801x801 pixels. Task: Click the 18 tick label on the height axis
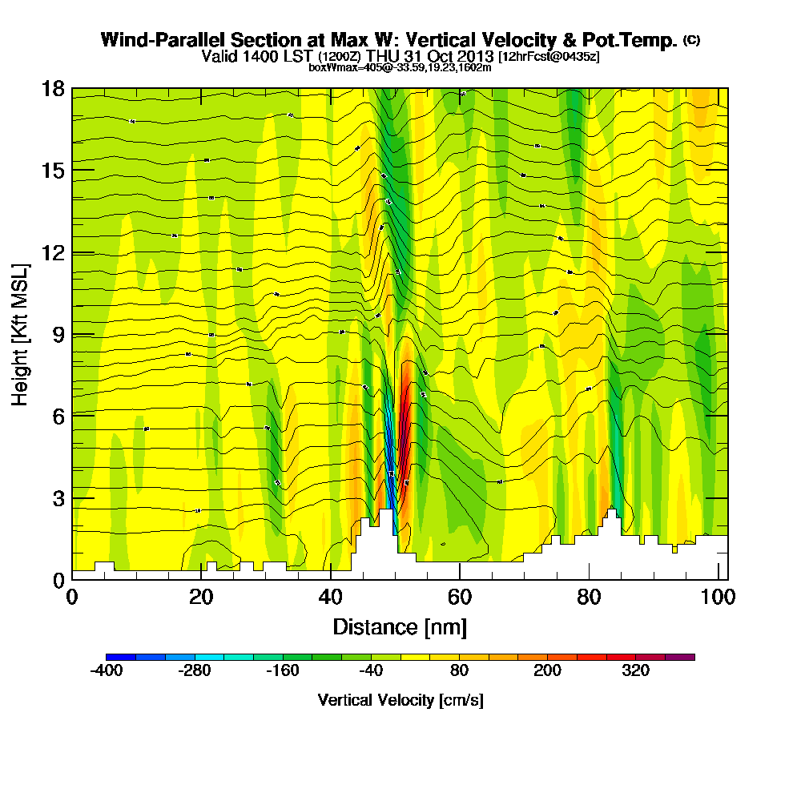(53, 89)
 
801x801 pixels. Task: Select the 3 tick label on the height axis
(57, 497)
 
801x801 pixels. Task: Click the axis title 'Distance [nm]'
(400, 626)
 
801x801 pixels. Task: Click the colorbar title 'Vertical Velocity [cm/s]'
(400, 700)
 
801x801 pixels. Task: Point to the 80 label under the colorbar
(459, 671)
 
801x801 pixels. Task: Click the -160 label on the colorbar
(283, 671)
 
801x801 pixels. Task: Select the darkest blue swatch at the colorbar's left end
(121, 657)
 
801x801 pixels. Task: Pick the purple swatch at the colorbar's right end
(680, 657)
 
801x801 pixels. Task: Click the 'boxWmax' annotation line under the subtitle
(400, 67)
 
